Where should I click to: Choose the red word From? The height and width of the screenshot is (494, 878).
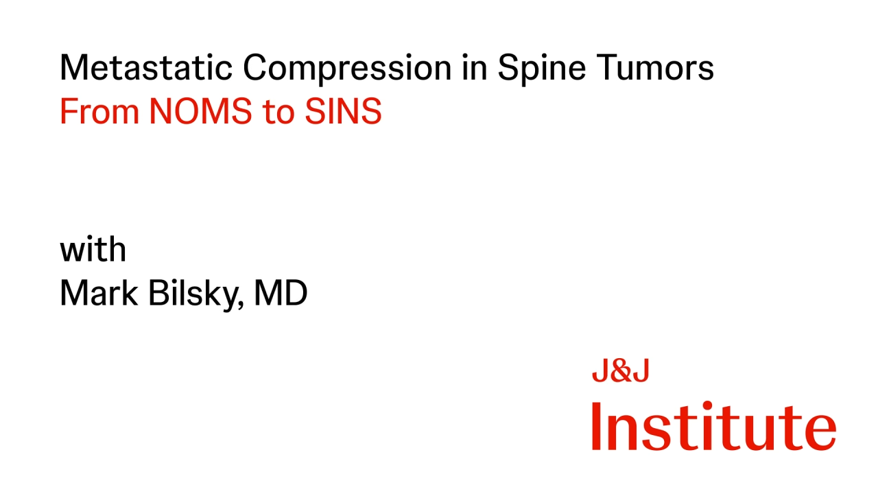pos(99,112)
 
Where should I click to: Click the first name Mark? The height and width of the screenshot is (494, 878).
pos(96,293)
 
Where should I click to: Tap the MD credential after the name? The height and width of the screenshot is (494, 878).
pos(281,293)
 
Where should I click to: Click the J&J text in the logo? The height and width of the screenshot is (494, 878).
pos(620,372)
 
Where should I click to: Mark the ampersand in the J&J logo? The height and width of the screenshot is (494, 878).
pos(620,372)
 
